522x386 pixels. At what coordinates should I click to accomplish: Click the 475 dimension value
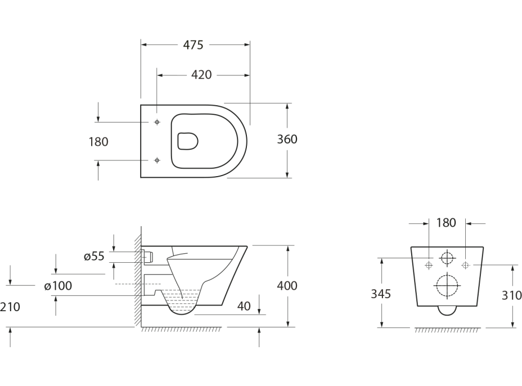[x=193, y=46]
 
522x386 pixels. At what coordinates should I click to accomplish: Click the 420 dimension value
[x=201, y=74]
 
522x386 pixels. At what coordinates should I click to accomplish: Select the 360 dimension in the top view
[x=287, y=140]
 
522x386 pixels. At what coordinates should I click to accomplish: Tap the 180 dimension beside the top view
[x=98, y=142]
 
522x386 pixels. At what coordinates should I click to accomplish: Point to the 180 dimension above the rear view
[x=446, y=223]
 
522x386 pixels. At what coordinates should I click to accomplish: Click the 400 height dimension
[x=287, y=285]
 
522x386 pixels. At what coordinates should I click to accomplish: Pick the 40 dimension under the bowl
[x=244, y=306]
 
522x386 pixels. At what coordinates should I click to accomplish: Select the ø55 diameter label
[x=94, y=257]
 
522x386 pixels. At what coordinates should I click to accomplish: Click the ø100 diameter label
[x=58, y=286]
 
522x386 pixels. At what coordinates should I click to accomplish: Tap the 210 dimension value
[x=11, y=307]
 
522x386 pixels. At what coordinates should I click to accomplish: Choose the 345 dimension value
[x=381, y=293]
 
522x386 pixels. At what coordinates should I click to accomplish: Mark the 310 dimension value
[x=512, y=295]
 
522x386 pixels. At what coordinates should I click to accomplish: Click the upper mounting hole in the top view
[x=157, y=122]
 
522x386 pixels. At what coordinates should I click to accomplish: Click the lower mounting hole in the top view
[x=157, y=160]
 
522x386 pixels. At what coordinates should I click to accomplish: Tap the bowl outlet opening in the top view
[x=188, y=141]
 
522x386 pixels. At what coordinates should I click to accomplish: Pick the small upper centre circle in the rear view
[x=447, y=259]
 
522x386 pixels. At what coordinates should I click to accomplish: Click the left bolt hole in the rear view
[x=429, y=265]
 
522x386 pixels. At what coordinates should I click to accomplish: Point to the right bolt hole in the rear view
[x=465, y=265]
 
